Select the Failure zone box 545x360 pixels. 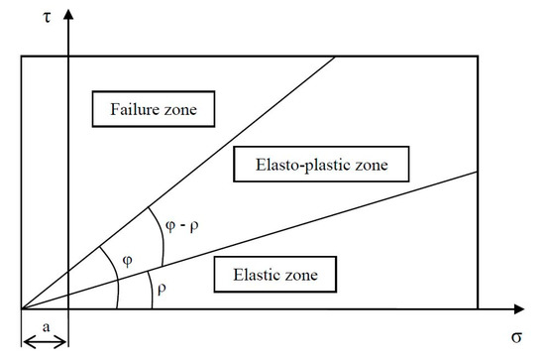(154, 109)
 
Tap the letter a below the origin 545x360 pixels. (44, 324)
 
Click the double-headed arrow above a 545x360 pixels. (45, 342)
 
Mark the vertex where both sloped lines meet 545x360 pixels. (22, 310)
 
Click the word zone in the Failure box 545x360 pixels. (191, 109)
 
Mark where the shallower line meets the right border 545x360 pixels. (480, 171)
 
